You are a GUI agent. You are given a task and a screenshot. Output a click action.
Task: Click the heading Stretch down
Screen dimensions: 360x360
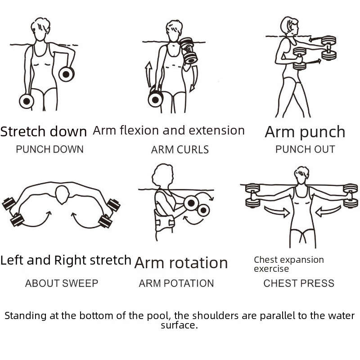click(x=43, y=131)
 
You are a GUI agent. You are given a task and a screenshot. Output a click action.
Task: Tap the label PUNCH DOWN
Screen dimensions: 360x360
click(x=49, y=149)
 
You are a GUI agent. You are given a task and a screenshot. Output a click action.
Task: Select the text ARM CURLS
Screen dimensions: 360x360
click(x=180, y=150)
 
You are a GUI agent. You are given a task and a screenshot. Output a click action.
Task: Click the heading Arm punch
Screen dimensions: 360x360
click(x=305, y=132)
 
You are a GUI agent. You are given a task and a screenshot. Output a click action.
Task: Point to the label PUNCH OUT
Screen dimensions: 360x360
click(x=305, y=149)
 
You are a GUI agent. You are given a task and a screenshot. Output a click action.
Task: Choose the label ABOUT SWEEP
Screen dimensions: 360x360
click(x=62, y=283)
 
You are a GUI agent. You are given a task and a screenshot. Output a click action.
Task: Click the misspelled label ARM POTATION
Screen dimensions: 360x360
click(x=176, y=283)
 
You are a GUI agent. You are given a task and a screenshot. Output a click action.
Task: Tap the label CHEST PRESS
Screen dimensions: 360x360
click(x=299, y=283)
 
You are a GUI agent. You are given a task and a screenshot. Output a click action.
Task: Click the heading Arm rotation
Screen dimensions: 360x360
click(x=181, y=263)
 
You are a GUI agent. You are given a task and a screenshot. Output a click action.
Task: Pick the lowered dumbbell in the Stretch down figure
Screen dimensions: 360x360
click(x=27, y=101)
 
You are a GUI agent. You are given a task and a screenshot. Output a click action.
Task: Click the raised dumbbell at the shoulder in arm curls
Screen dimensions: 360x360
click(x=189, y=51)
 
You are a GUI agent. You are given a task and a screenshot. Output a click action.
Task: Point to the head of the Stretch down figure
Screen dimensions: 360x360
click(x=40, y=29)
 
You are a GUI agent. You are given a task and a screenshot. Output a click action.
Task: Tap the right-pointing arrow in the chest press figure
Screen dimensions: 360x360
click(x=277, y=211)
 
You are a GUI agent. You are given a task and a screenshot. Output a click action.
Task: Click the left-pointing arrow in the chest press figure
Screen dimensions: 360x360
click(x=328, y=211)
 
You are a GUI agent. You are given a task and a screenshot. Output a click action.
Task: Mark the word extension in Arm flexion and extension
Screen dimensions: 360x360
click(x=216, y=130)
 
